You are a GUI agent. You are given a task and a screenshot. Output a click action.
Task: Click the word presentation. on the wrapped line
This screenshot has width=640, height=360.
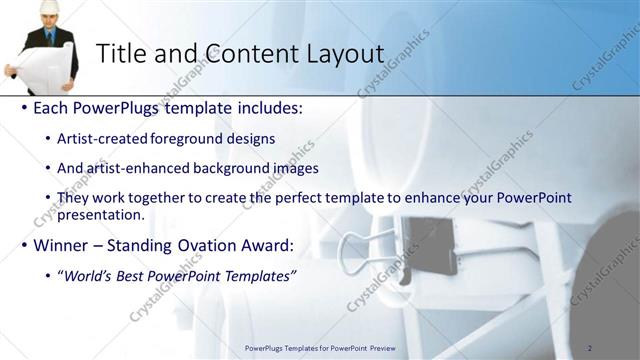pos(100,214)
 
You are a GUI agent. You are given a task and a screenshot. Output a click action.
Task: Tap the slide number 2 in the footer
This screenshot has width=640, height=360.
pos(589,348)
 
